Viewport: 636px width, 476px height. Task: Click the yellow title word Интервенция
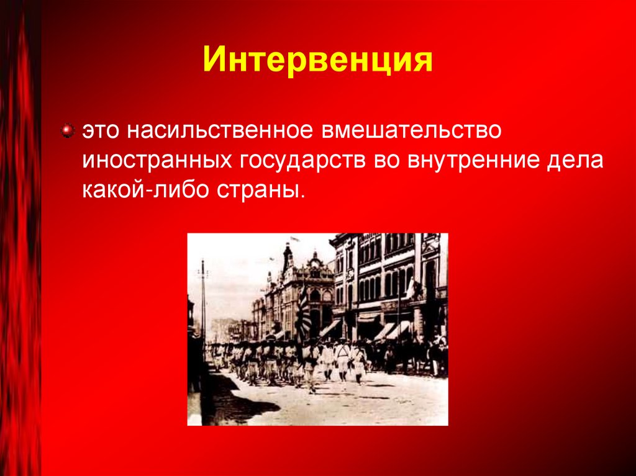point(317,62)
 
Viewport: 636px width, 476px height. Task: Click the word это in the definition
point(101,132)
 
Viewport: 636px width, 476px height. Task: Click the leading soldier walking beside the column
point(311,366)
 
